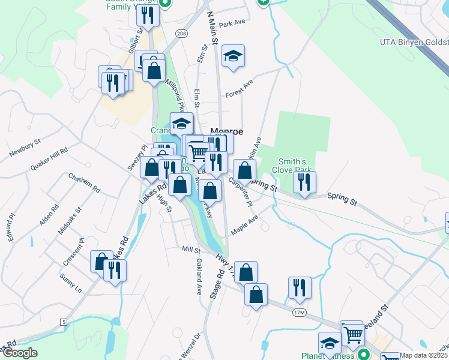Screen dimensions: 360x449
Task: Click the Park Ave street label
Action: (x=233, y=23)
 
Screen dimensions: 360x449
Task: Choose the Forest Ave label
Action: (x=240, y=89)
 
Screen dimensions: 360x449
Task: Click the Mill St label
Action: (x=190, y=248)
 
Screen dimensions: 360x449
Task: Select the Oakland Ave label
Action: (x=199, y=276)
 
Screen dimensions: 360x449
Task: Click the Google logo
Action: (x=20, y=353)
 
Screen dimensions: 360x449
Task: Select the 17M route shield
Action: (x=300, y=313)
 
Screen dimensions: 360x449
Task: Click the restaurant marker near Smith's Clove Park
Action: (x=305, y=183)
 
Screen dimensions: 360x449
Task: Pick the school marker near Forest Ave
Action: (x=233, y=56)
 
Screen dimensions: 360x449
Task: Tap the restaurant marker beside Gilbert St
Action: (x=148, y=15)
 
